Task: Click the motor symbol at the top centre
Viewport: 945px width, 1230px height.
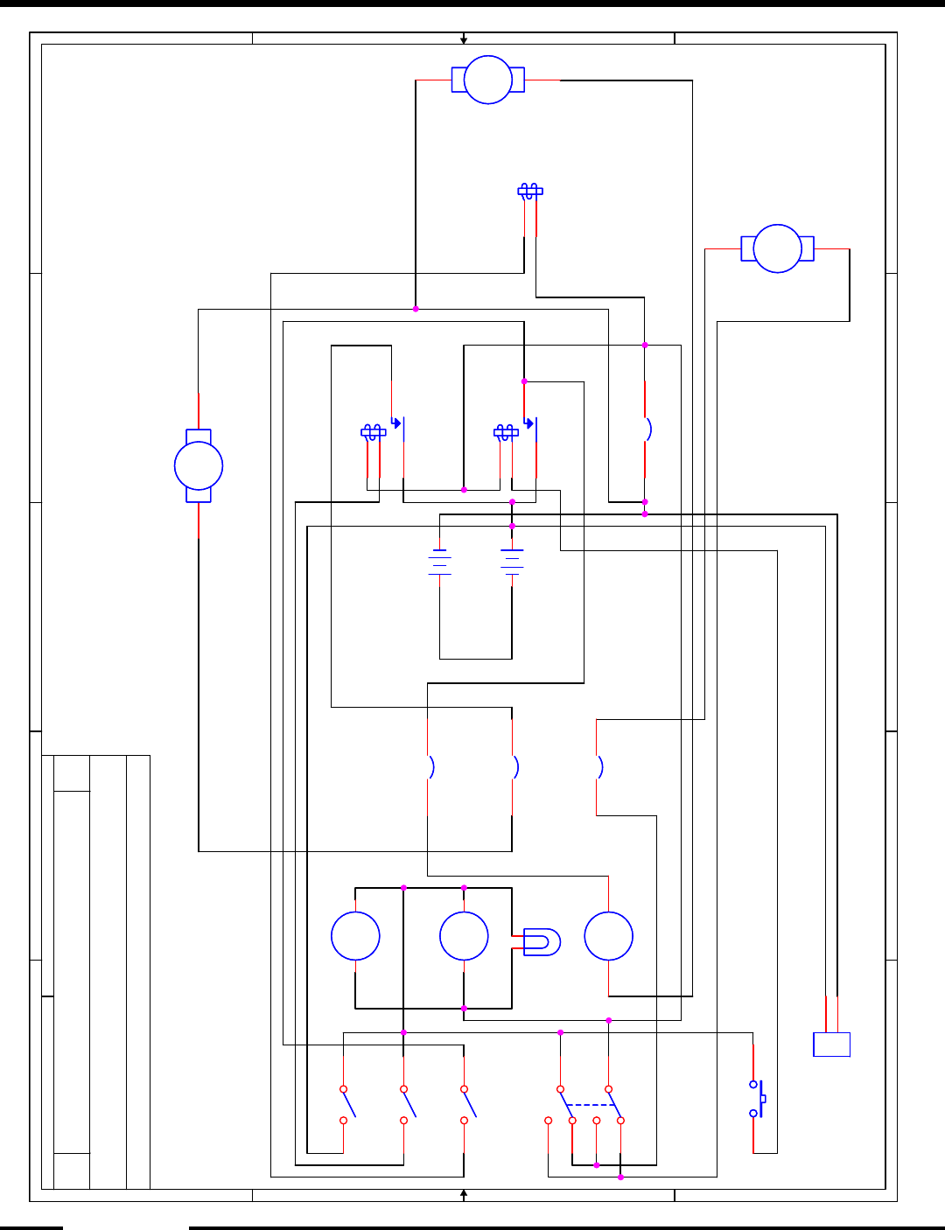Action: click(488, 80)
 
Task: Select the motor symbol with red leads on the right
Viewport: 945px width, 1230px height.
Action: click(777, 248)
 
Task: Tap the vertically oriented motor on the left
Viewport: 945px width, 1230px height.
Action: click(199, 465)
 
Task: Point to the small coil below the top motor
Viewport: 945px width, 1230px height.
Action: click(529, 191)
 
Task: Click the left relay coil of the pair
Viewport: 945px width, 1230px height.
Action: click(373, 432)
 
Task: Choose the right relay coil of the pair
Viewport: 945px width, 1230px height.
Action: click(506, 432)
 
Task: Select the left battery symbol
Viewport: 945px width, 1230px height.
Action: click(439, 562)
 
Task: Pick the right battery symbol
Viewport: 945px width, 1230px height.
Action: click(512, 562)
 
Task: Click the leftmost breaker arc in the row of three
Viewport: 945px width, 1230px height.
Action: click(430, 767)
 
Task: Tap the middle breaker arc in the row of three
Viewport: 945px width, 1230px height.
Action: click(514, 767)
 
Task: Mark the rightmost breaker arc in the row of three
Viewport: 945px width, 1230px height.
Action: click(599, 767)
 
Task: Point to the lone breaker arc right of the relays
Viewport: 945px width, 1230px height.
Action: click(647, 430)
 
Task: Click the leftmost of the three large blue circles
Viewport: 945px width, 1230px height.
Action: click(355, 936)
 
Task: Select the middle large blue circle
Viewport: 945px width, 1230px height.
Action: click(464, 936)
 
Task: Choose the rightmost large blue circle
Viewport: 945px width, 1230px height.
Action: click(608, 936)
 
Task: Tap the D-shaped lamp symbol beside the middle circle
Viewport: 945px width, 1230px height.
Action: click(542, 941)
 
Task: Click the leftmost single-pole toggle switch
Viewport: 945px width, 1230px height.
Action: click(347, 1103)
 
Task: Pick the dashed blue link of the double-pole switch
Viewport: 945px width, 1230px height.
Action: click(591, 1105)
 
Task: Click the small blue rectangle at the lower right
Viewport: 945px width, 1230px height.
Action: click(831, 1045)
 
